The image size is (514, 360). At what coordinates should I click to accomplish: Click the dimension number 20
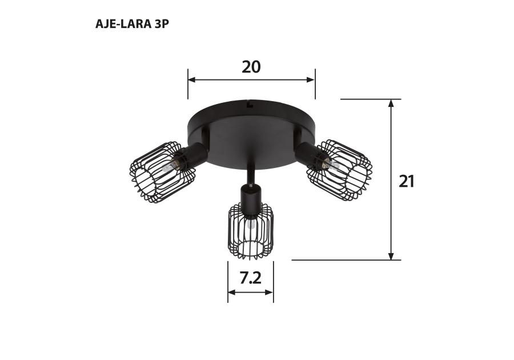point(251,67)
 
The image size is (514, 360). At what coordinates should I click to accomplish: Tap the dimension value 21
point(406,181)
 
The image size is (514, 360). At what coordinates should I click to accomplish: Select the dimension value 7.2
point(250,278)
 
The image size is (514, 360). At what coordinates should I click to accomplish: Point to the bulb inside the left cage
point(166,168)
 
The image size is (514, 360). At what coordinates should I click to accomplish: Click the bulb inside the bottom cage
point(250,225)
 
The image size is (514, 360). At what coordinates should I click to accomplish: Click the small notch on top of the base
point(249,104)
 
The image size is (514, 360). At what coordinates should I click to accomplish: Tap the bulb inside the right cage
point(331,165)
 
